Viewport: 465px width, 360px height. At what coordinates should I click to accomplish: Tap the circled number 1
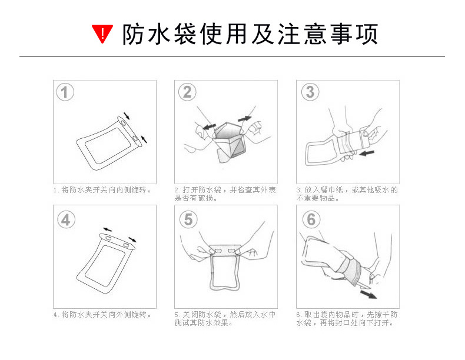tap(65, 92)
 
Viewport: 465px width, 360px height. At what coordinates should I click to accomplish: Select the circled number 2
tap(187, 92)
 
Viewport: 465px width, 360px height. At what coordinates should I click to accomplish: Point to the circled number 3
tap(310, 92)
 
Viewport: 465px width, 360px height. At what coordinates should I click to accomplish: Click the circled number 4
tap(66, 219)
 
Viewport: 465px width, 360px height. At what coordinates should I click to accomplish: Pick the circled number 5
tap(188, 219)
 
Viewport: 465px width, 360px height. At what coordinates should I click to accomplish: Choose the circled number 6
tap(311, 219)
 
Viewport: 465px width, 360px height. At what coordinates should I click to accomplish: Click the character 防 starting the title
tap(134, 34)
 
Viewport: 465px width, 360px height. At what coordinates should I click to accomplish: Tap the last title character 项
tap(367, 34)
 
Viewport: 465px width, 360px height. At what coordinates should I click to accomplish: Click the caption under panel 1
tap(102, 190)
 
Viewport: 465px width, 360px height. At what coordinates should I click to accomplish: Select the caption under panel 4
tap(102, 315)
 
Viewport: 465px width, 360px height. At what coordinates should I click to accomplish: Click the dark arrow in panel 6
tap(368, 295)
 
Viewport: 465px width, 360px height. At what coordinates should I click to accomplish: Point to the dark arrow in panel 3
tap(367, 153)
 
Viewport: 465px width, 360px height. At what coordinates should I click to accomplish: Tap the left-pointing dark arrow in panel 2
tap(209, 127)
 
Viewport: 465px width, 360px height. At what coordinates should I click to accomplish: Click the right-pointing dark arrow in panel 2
tap(245, 118)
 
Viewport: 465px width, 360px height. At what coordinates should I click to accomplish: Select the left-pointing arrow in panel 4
tap(107, 229)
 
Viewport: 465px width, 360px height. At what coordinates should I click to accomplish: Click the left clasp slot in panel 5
tap(218, 251)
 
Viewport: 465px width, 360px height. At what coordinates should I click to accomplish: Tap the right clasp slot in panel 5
tap(232, 251)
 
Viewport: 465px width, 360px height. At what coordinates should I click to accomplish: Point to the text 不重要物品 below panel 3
tap(315, 198)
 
